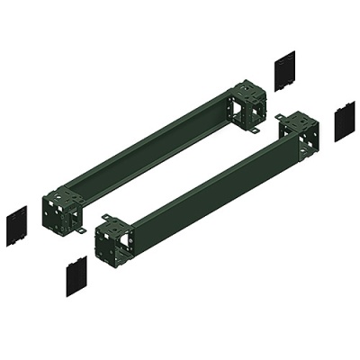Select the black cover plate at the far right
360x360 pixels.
click(x=345, y=123)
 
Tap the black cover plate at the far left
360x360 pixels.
click(x=16, y=222)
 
